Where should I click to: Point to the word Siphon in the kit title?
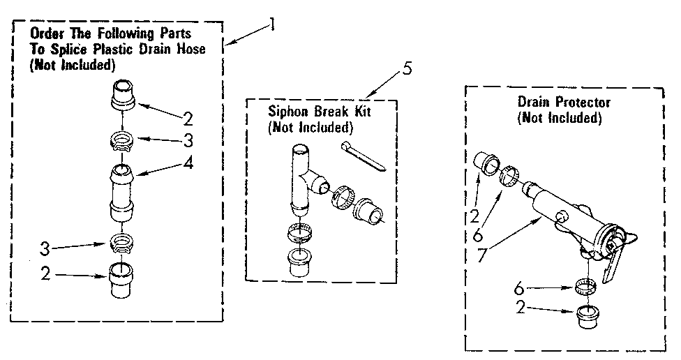tap(287, 112)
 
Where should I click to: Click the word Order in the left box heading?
tap(44, 33)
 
